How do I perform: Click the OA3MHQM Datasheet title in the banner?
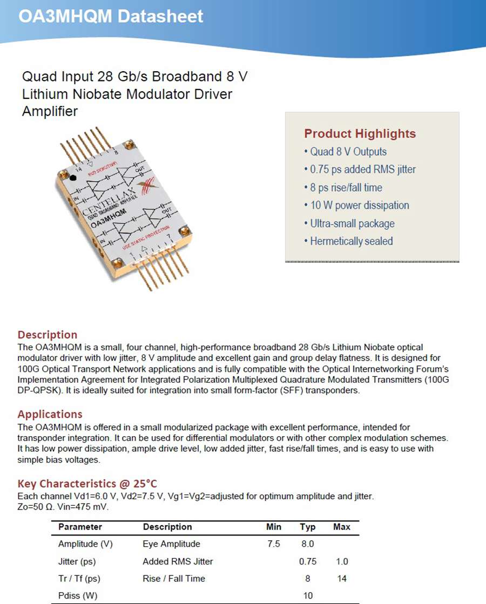[111, 16]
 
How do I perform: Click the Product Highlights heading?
[360, 133]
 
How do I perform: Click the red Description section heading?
[48, 335]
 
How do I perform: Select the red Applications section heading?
[50, 415]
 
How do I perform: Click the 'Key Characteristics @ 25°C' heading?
[87, 484]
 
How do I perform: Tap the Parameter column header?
[80, 527]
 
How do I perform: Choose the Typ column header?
[308, 527]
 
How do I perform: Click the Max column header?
[341, 527]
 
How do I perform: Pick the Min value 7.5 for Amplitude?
[274, 544]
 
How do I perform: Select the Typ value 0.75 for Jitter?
[308, 561]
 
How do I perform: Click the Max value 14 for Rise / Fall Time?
[341, 579]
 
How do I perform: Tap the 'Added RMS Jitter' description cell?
[178, 561]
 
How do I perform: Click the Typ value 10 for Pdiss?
[308, 596]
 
